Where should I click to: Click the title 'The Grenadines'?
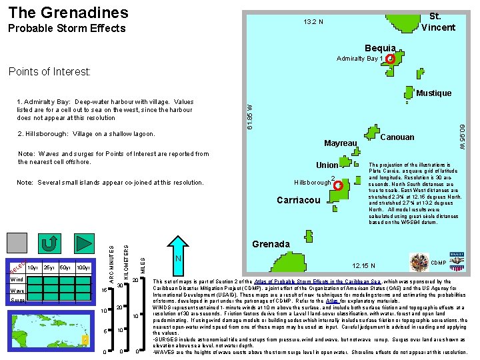click(68, 12)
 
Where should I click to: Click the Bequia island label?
click(379, 48)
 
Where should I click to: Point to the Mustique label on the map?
click(433, 93)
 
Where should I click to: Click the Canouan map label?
click(397, 137)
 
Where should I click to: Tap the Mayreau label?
click(341, 143)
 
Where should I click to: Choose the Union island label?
click(327, 165)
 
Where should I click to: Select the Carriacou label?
click(299, 200)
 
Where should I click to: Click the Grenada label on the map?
click(271, 244)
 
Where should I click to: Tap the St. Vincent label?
click(442, 21)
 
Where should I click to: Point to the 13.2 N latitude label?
click(313, 22)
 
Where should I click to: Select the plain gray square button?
click(18, 243)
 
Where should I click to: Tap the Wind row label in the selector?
click(18, 279)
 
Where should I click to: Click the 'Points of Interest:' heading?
click(49, 71)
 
